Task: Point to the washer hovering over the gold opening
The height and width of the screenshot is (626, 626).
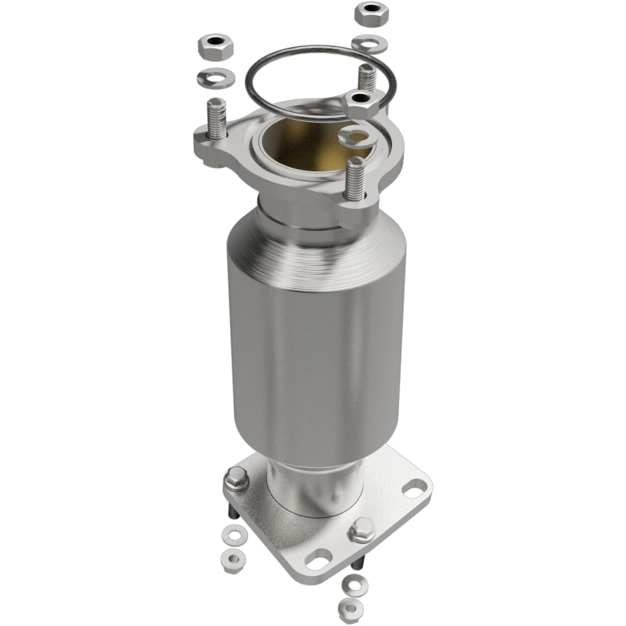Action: (357, 138)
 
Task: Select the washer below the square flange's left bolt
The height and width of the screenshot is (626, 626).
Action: (233, 535)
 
